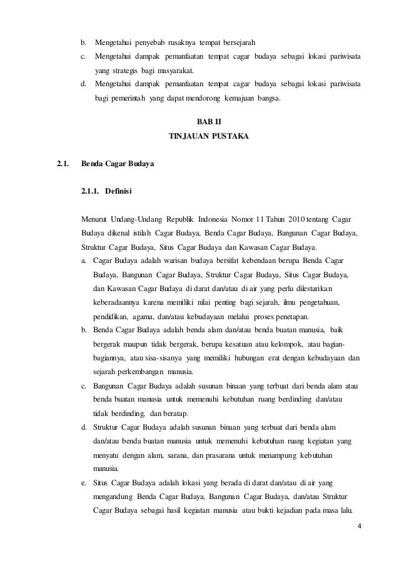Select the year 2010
pyautogui.click(x=298, y=220)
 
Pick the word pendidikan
pyautogui.click(x=111, y=317)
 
